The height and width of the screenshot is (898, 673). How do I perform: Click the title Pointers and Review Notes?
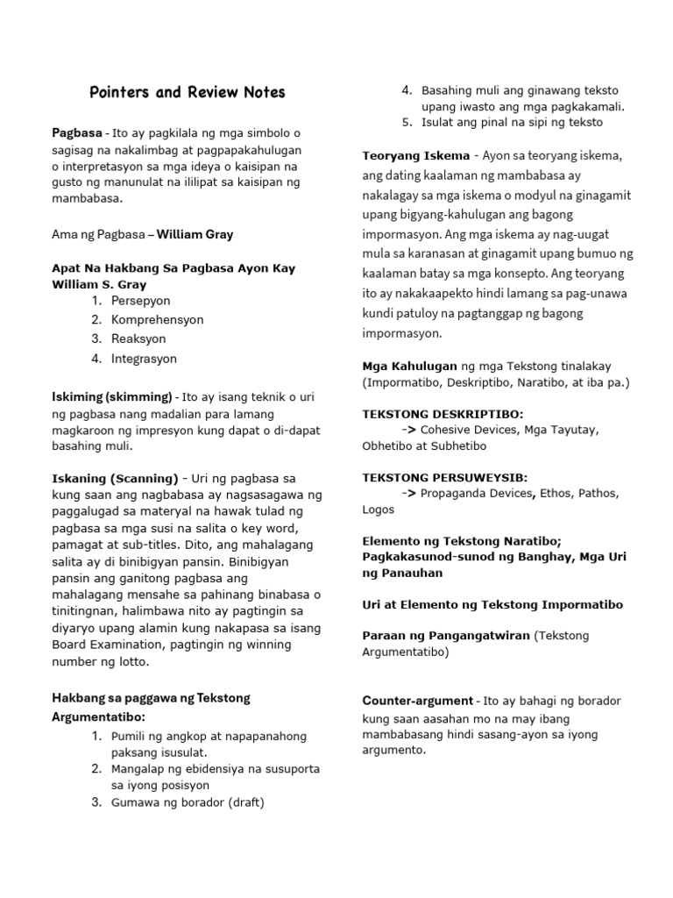click(x=188, y=92)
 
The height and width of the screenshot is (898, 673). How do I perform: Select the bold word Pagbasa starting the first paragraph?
click(x=77, y=133)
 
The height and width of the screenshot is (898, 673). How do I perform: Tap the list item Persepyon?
click(x=143, y=301)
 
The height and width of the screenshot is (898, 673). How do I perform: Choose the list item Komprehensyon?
click(x=157, y=320)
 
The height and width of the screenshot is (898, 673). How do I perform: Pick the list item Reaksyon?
click(x=138, y=339)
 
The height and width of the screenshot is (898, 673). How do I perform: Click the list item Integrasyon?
click(x=144, y=359)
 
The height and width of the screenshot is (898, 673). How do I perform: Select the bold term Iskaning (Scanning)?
click(x=115, y=478)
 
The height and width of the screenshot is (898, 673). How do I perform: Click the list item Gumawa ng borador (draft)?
click(x=188, y=802)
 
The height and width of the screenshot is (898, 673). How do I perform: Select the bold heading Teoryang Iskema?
click(x=416, y=156)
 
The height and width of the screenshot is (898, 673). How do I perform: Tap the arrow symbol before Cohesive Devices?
click(x=408, y=430)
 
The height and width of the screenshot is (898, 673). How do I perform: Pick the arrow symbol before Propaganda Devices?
click(x=408, y=494)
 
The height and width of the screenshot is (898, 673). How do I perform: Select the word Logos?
click(x=378, y=510)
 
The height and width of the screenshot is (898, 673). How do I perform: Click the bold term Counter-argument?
click(x=418, y=701)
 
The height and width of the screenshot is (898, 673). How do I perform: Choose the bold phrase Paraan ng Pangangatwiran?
click(x=445, y=636)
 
